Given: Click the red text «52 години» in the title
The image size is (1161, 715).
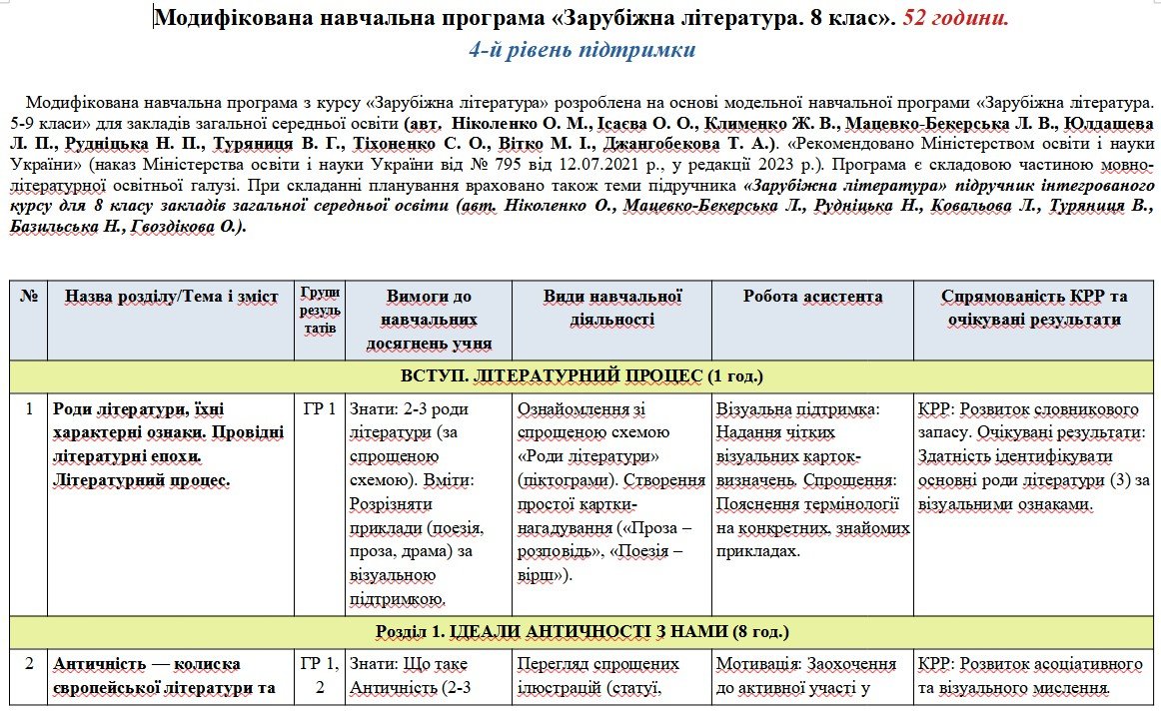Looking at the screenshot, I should click(x=955, y=18).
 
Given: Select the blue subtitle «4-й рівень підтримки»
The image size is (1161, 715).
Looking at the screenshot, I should click(x=582, y=51).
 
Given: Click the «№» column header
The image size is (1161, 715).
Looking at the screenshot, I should click(x=29, y=297).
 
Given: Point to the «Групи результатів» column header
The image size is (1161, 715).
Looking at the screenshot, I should click(x=320, y=310).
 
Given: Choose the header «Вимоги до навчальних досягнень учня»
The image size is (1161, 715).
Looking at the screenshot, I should click(x=429, y=321).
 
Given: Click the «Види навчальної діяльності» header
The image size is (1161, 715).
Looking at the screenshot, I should click(x=611, y=308).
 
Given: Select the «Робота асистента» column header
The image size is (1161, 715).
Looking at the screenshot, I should click(x=812, y=297).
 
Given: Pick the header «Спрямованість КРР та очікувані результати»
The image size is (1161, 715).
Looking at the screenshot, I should click(x=1034, y=308).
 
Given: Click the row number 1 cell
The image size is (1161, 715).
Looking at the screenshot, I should click(x=29, y=408).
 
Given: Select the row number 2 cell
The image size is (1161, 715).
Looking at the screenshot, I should click(x=29, y=664).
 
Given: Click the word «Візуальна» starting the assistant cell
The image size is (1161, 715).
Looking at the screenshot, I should click(x=752, y=409).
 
